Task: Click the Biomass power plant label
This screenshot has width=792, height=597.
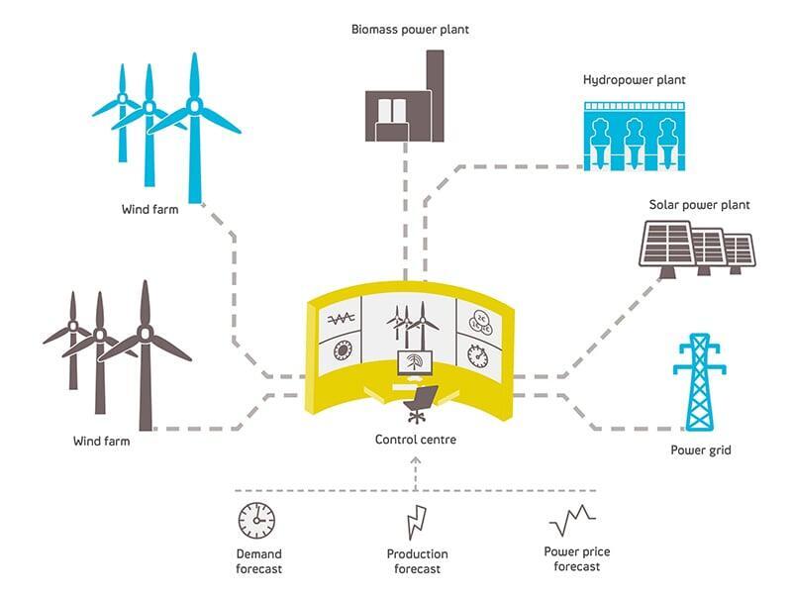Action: [x=410, y=30]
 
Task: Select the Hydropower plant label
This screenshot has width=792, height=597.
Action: [x=634, y=80]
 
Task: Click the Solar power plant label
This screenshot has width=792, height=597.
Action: [x=699, y=205]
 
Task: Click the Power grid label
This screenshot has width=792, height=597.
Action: [x=701, y=450]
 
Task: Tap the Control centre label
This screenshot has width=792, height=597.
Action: [x=415, y=440]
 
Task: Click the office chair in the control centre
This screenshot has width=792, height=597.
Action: [x=420, y=404]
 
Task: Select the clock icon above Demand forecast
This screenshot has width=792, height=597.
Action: [x=257, y=521]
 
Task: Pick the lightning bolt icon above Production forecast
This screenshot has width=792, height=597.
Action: [x=417, y=522]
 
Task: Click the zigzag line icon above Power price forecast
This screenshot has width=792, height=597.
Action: [x=572, y=520]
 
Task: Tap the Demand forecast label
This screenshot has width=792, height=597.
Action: [x=258, y=561]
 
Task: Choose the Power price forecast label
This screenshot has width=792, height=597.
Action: [x=577, y=559]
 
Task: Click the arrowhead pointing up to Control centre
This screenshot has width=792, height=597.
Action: [x=416, y=460]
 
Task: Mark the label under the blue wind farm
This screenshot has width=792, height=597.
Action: [x=150, y=209]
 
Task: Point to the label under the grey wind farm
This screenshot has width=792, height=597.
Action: [x=102, y=441]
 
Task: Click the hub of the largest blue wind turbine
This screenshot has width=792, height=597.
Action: [x=194, y=106]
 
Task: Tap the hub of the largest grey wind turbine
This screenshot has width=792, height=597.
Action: [x=146, y=333]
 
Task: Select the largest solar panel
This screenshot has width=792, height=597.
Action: [x=667, y=245]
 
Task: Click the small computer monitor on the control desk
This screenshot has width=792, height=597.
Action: [x=415, y=362]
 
